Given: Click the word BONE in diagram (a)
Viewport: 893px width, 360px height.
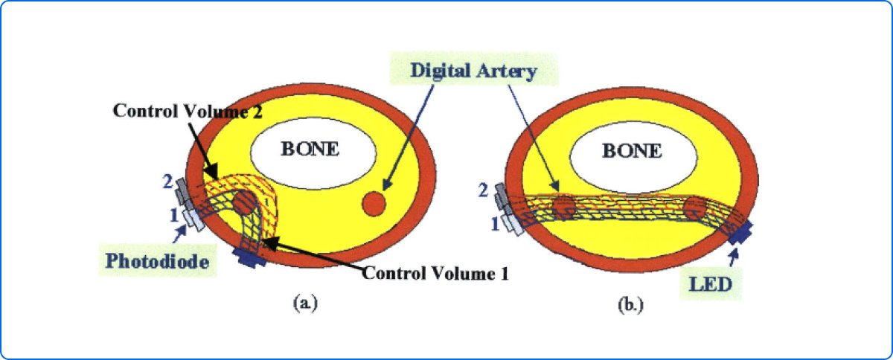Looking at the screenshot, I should [310, 149].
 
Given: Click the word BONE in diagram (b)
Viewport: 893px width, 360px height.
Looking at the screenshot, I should [632, 151].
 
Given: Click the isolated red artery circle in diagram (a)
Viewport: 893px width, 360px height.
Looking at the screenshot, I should [374, 202].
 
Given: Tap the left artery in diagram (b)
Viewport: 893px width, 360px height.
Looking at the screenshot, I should [563, 208].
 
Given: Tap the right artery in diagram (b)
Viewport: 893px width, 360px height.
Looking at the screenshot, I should [698, 208].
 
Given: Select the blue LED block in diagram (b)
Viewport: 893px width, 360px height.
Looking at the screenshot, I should [740, 234].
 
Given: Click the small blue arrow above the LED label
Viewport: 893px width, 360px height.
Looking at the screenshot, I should [735, 258].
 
